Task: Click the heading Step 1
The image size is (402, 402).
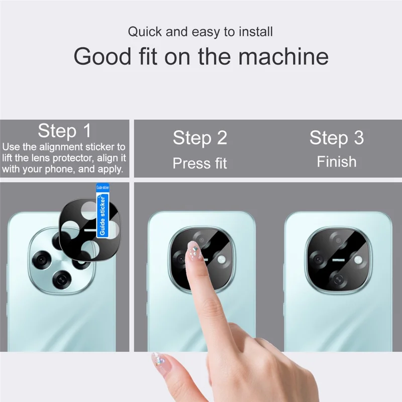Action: click(64, 131)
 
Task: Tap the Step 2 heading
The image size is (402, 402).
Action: click(200, 138)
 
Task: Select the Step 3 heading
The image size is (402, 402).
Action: click(336, 138)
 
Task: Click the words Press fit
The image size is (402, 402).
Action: click(200, 163)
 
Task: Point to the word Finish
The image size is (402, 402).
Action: click(336, 162)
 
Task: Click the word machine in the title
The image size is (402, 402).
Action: click(283, 57)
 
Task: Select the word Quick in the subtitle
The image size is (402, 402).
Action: click(145, 32)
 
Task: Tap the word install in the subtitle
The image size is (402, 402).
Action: click(255, 32)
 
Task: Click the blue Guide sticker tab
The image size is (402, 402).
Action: click(102, 211)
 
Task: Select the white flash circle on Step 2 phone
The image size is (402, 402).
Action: click(222, 259)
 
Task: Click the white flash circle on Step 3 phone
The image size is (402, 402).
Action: click(358, 259)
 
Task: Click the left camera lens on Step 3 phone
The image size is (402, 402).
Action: click(318, 259)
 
